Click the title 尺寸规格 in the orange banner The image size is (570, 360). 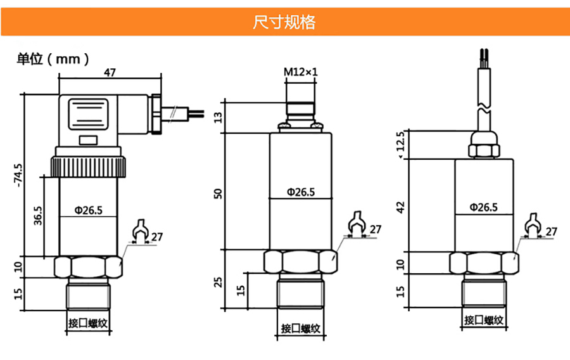tap(284, 23)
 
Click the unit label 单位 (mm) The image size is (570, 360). tap(53, 59)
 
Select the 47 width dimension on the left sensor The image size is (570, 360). tap(110, 73)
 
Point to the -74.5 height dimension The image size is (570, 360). tap(18, 176)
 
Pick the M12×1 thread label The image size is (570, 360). tap(300, 72)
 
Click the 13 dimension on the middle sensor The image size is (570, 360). tap(219, 117)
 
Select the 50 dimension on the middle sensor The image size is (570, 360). tap(219, 193)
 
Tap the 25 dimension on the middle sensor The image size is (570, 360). tap(219, 281)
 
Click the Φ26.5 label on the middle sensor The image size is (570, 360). tap(300, 192)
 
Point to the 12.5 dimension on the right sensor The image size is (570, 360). tap(399, 143)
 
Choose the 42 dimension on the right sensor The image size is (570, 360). tap(400, 207)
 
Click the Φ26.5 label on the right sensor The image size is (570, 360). tap(483, 207)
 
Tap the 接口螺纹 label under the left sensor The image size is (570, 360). tap(89, 323)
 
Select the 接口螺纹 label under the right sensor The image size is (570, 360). tap(484, 321)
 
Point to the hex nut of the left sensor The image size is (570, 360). tap(88, 266)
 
